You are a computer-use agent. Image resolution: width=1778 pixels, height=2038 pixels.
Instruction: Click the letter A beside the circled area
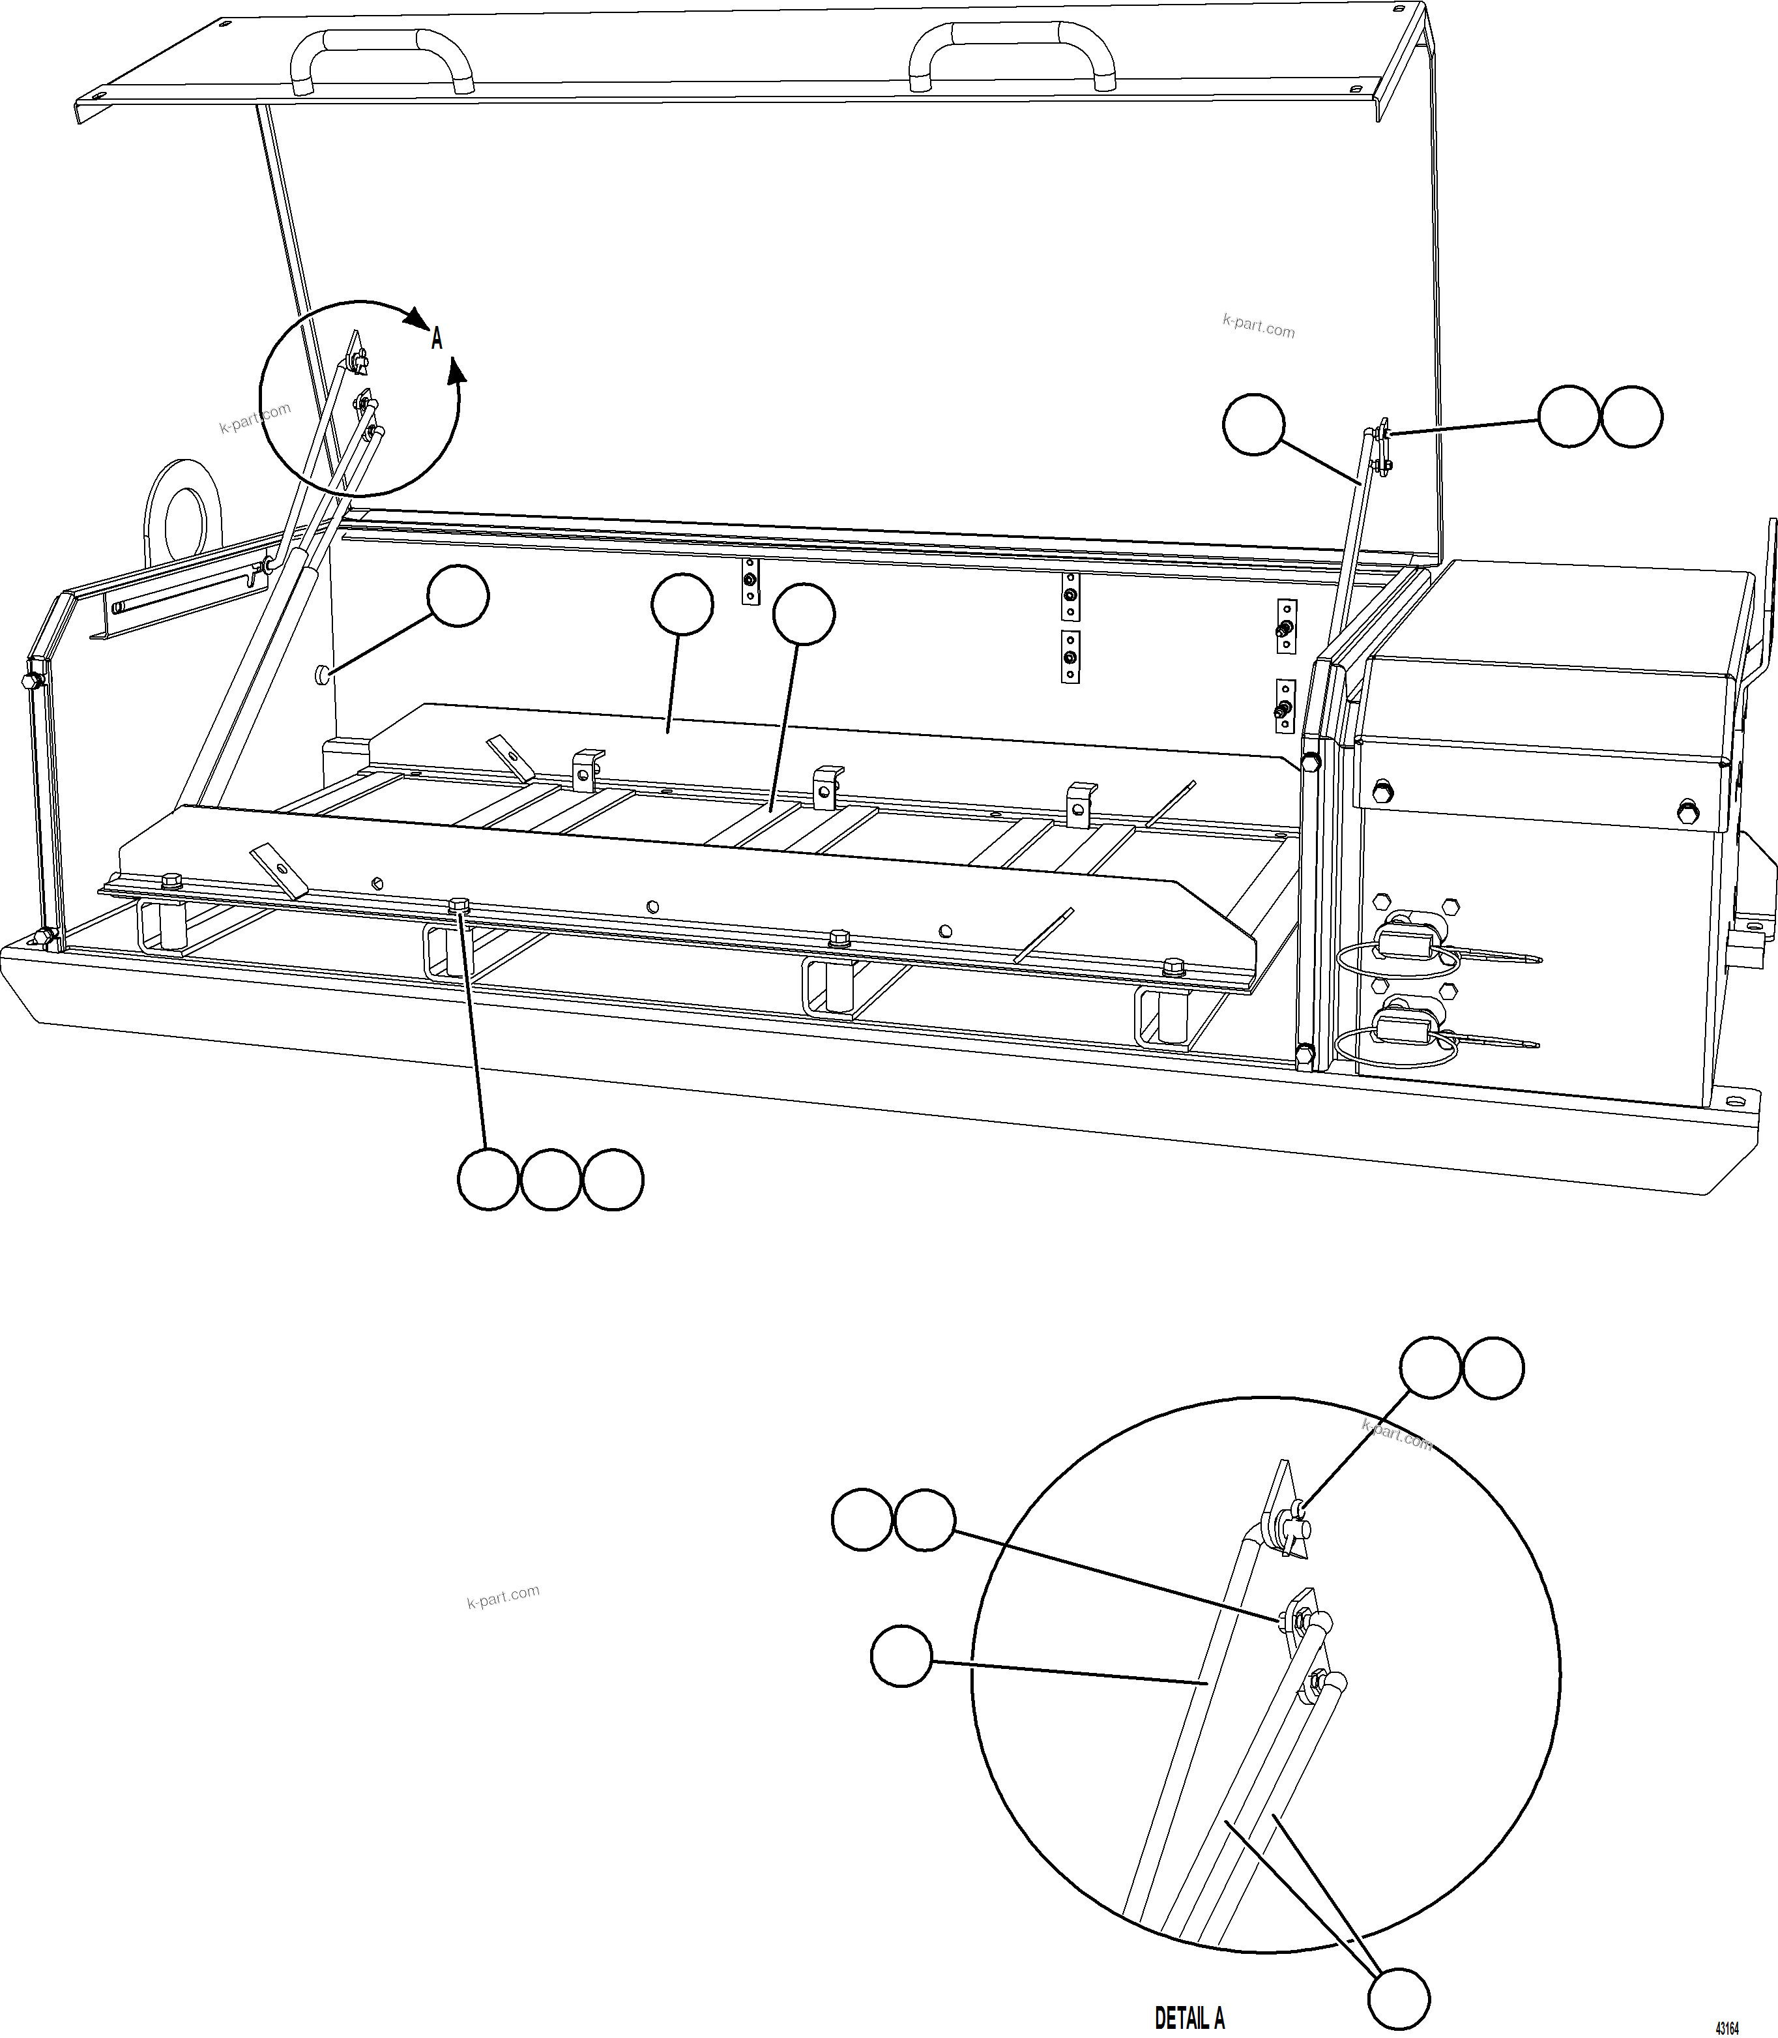pos(437,339)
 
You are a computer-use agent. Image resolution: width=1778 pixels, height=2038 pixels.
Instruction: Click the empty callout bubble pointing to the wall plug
pos(458,597)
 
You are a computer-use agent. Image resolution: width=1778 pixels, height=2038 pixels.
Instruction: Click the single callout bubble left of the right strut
pos(1254,424)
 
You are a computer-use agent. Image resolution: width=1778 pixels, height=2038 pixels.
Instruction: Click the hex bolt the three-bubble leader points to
pos(459,905)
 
